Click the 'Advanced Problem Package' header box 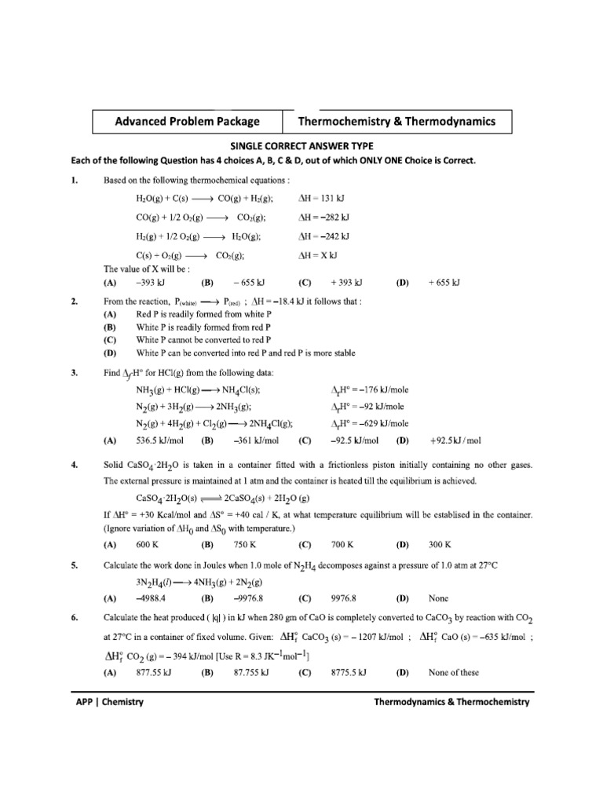pyautogui.click(x=187, y=122)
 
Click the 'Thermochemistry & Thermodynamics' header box pyautogui.click(x=397, y=122)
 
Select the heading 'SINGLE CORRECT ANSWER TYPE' pyautogui.click(x=301, y=146)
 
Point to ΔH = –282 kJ pyautogui.click(x=324, y=217)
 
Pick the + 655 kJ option pyautogui.click(x=444, y=282)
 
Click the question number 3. pyautogui.click(x=74, y=373)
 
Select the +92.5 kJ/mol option pyautogui.click(x=455, y=440)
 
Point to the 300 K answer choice pyautogui.click(x=440, y=543)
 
